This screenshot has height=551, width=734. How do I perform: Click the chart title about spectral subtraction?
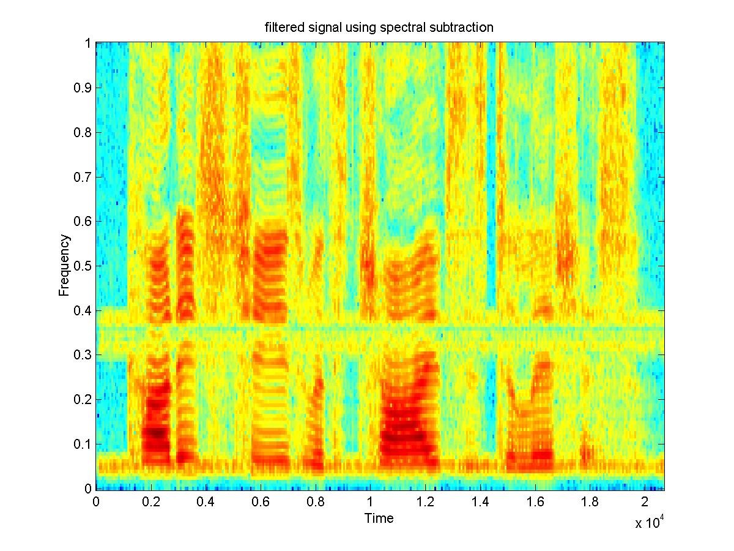pyautogui.click(x=379, y=27)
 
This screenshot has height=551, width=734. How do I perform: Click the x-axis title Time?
pyautogui.click(x=379, y=519)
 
